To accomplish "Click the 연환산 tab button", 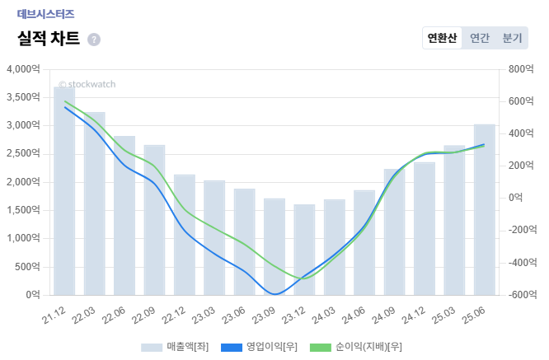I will [442, 38].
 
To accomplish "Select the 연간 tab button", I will [480, 38].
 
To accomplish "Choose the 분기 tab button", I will [512, 38].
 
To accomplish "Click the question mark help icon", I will [94, 40].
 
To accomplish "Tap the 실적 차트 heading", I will [49, 39].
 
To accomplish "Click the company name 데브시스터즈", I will [45, 14].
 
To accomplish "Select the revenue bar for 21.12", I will [64, 190].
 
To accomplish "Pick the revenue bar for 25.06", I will [485, 209].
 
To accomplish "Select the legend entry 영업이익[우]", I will [261, 347].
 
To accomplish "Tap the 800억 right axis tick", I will [522, 69].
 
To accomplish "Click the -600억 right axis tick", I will [522, 295].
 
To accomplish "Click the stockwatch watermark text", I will [87, 84].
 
